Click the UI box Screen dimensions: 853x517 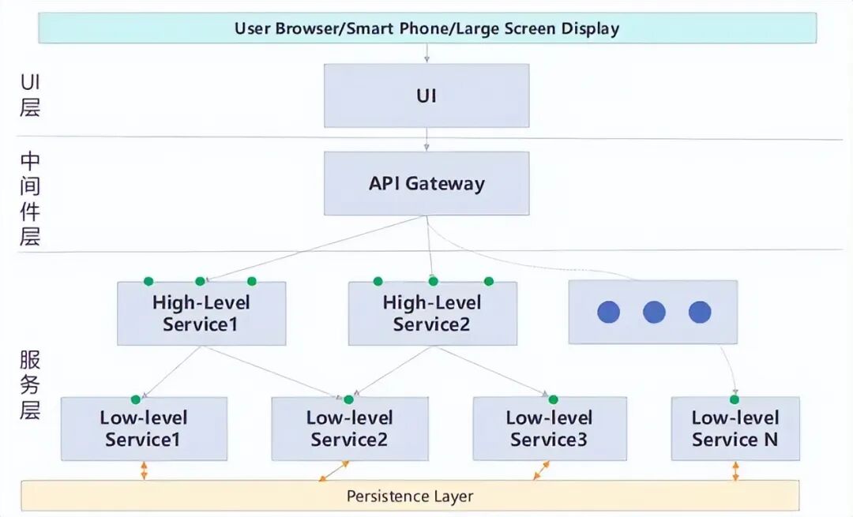(426, 96)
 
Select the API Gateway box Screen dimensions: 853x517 (426, 183)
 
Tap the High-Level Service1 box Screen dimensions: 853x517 (201, 313)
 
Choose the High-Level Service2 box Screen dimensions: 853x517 (433, 313)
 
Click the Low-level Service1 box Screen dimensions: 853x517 (145, 429)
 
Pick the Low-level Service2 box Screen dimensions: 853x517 (350, 429)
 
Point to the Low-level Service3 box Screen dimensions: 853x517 (550, 429)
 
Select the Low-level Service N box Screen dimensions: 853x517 (735, 429)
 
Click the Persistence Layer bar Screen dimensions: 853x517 (410, 496)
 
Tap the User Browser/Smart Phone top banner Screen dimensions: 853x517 (427, 28)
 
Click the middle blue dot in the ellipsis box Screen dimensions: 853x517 (654, 313)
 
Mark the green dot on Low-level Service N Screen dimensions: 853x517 (735, 400)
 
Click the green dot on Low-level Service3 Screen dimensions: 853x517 (553, 400)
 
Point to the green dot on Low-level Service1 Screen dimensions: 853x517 (136, 400)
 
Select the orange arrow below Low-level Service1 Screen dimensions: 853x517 (144, 470)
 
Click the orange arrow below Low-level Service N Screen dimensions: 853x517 (735, 470)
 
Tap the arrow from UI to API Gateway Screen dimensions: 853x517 (426, 139)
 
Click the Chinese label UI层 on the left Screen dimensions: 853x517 (30, 95)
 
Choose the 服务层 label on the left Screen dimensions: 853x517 (30, 385)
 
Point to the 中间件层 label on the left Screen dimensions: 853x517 (30, 198)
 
